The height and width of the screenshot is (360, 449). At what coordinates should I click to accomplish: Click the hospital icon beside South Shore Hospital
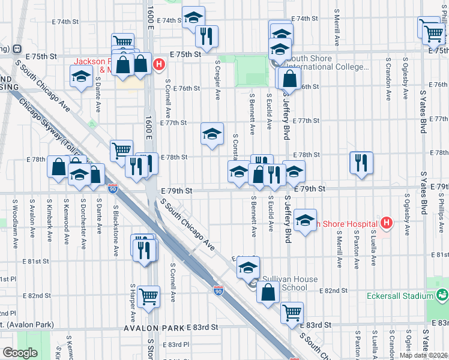pyautogui.click(x=387, y=223)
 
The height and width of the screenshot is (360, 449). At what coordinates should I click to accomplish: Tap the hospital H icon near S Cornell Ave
pyautogui.click(x=159, y=64)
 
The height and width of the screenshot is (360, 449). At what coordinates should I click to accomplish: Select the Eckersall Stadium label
pyautogui.click(x=400, y=296)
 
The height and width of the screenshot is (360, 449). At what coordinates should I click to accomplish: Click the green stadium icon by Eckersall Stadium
pyautogui.click(x=442, y=295)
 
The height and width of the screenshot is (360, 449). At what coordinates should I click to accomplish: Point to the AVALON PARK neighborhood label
pyautogui.click(x=154, y=328)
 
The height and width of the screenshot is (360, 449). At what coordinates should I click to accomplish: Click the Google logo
pyautogui.click(x=20, y=353)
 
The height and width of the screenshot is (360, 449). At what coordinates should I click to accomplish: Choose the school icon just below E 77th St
pyautogui.click(x=212, y=134)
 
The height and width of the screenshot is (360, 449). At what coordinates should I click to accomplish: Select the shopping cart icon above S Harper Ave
pyautogui.click(x=148, y=295)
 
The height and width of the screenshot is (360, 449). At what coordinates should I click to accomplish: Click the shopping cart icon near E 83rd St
pyautogui.click(x=292, y=311)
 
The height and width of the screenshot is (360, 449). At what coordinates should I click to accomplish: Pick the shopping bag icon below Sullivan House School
pyautogui.click(x=268, y=292)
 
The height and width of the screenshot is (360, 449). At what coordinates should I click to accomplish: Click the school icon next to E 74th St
pyautogui.click(x=193, y=17)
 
